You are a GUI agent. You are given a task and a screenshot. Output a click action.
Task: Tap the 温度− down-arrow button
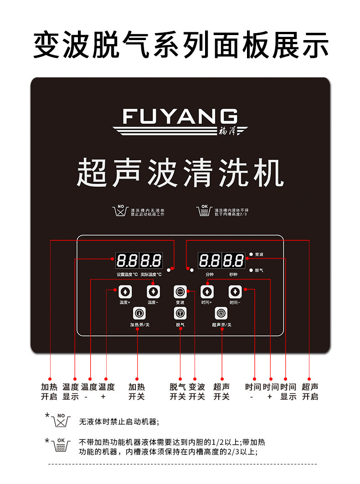click(153, 291)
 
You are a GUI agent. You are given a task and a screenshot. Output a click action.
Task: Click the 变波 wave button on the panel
click(180, 291)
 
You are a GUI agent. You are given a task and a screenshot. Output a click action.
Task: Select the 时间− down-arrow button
click(235, 291)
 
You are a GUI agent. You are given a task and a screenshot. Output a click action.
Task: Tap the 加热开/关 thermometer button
click(139, 313)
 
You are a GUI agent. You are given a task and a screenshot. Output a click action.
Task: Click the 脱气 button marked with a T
click(180, 313)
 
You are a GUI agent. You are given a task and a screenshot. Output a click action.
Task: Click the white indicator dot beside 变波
click(251, 254)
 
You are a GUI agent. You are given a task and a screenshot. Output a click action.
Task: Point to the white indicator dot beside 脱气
click(251, 270)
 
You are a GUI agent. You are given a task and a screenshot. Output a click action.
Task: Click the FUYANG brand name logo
click(180, 117)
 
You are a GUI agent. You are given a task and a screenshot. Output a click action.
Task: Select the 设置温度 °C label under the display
click(127, 275)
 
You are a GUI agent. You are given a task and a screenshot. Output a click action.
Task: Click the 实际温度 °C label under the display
click(151, 275)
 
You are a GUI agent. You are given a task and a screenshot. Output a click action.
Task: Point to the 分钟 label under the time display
click(210, 275)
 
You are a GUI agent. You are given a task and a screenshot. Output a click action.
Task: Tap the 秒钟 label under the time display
click(233, 275)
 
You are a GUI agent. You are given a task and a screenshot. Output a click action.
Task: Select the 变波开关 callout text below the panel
click(197, 392)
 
